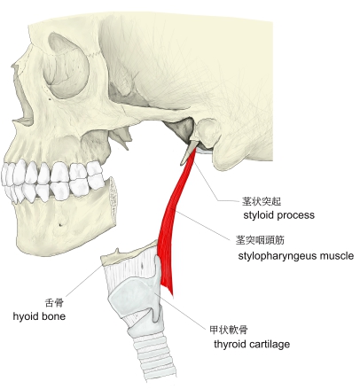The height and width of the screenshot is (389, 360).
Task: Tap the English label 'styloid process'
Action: tap(278, 215)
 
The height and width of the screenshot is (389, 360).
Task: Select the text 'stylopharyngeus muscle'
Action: tap(296, 256)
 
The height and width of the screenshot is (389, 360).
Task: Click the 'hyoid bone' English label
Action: tap(39, 316)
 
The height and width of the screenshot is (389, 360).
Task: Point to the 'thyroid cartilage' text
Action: tap(252, 344)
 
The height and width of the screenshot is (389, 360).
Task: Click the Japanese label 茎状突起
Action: tap(262, 201)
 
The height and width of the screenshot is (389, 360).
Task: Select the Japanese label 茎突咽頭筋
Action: tap(260, 240)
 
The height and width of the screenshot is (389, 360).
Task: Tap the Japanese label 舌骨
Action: tap(54, 302)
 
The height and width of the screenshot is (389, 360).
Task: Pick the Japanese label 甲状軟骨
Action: tap(229, 330)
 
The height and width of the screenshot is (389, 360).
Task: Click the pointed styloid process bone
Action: tap(188, 152)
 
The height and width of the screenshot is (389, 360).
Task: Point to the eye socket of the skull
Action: tap(66, 66)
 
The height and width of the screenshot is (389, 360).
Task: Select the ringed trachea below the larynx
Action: tap(153, 354)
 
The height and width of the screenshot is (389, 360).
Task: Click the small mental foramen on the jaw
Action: tap(60, 224)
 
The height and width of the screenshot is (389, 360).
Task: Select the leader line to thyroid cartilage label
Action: tap(180, 310)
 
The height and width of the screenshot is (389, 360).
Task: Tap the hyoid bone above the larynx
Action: tap(130, 253)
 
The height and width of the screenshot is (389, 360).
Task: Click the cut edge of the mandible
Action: tap(113, 201)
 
